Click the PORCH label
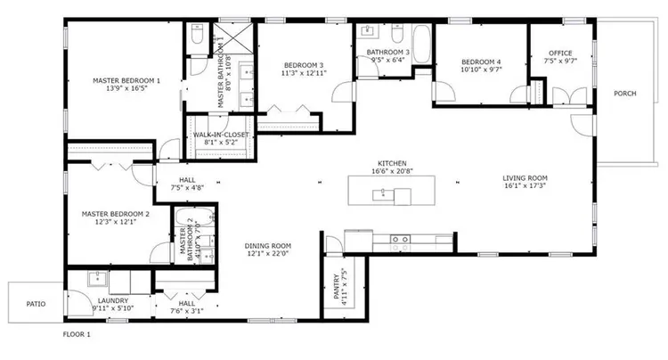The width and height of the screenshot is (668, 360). pyautogui.click(x=624, y=94)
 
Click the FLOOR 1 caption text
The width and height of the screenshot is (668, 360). pyautogui.click(x=77, y=335)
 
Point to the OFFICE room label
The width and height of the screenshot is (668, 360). pyautogui.click(x=560, y=53)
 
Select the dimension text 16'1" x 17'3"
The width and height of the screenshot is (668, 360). pyautogui.click(x=525, y=186)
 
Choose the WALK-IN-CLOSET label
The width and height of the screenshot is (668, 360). pyautogui.click(x=221, y=135)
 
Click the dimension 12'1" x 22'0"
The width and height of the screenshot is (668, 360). pyautogui.click(x=269, y=254)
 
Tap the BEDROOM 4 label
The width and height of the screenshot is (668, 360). pyautogui.click(x=482, y=61)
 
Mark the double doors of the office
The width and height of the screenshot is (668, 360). pyautogui.click(x=560, y=96)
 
